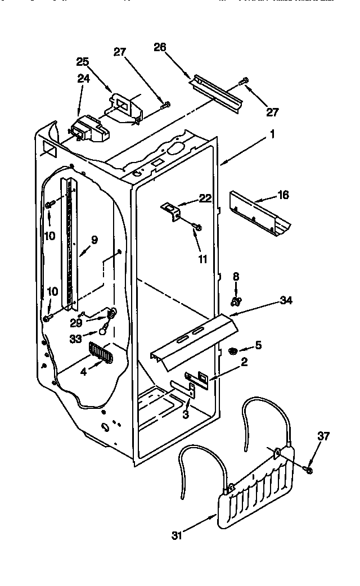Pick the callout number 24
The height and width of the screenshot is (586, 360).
(x=83, y=79)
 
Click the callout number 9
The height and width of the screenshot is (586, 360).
(x=94, y=240)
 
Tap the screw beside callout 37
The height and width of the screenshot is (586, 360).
(x=309, y=468)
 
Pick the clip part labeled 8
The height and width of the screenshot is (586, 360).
(x=236, y=301)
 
